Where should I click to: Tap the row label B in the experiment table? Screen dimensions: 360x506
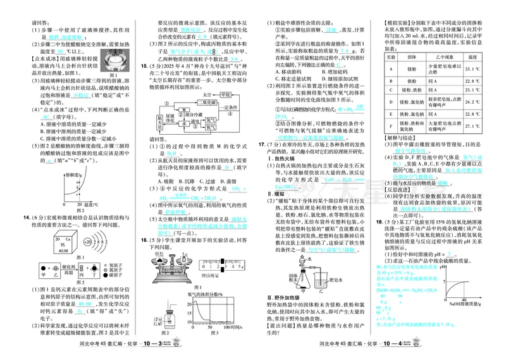tap(391, 82)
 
